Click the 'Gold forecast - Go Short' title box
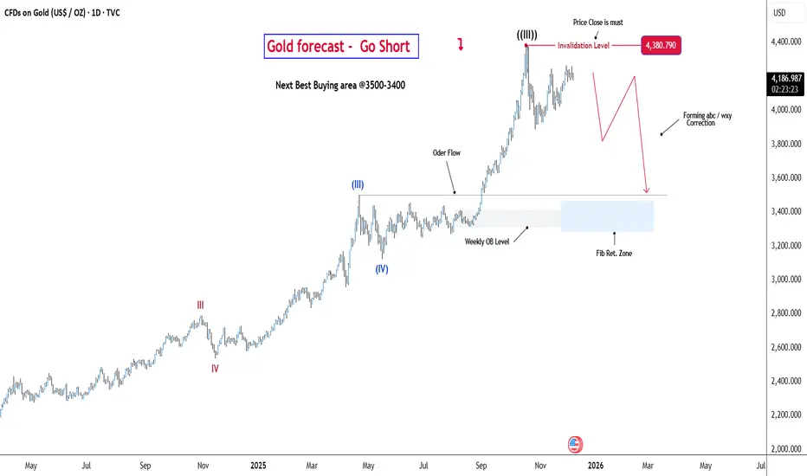click(341, 46)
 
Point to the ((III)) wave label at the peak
click(526, 35)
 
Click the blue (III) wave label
click(358, 184)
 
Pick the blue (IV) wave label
click(382, 268)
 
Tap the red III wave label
click(201, 305)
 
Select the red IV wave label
click(215, 368)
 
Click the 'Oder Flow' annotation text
click(447, 153)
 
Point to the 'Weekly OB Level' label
click(487, 241)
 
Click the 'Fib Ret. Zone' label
click(613, 253)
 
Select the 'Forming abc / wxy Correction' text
click(700, 119)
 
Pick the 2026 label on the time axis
click(596, 466)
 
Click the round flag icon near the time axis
click(575, 444)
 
